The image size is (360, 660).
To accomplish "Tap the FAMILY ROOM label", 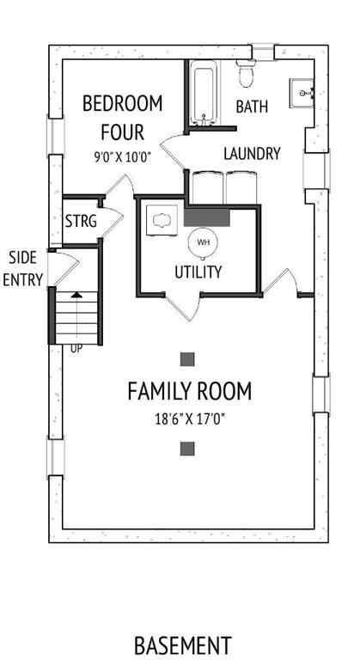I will coord(189,392).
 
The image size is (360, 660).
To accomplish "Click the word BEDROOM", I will coord(122,104).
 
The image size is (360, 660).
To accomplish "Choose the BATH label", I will coord(252,107).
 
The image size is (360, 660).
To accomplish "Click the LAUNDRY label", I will coord(252,154).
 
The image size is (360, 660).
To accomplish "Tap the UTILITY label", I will coord(198,272).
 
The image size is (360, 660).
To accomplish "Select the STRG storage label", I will coord(81,221).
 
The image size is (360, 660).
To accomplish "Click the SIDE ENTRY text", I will coord(23,268).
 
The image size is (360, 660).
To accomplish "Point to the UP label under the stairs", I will coord(76,349).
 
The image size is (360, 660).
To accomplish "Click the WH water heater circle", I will coord(204,242).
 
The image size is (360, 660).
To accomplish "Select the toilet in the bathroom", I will coord(246,74).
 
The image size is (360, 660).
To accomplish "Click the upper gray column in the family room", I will coord(187,358).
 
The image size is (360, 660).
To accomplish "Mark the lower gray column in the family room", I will coord(187,448).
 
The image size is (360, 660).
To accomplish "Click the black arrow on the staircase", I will coord(76,294).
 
